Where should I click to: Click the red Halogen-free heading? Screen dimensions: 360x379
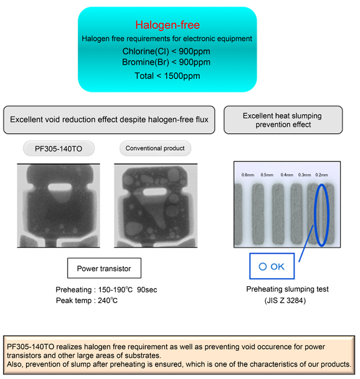168,25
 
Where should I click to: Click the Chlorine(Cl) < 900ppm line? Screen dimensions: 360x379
166,51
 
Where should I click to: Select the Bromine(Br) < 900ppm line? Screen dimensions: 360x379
166,62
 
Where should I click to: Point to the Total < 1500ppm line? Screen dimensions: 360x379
167,76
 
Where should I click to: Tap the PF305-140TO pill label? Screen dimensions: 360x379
59,148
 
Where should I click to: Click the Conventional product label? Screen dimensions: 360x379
155,148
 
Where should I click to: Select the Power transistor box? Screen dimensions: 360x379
104,268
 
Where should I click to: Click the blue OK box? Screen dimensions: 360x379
272,266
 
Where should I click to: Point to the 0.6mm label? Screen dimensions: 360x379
248,175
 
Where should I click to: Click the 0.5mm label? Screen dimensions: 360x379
267,175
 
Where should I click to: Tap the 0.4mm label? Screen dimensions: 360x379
287,175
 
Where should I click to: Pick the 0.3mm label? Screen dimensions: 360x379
305,175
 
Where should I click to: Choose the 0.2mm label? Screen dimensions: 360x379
321,175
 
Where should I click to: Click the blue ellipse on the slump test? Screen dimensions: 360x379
315,215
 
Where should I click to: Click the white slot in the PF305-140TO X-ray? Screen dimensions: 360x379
60,187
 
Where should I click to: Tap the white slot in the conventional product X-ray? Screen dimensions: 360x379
154,191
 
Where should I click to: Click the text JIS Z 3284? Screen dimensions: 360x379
285,300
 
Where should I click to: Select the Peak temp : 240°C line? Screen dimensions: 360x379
87,300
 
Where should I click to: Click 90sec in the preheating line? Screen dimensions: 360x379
147,290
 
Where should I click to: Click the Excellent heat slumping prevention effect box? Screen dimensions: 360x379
283,120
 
